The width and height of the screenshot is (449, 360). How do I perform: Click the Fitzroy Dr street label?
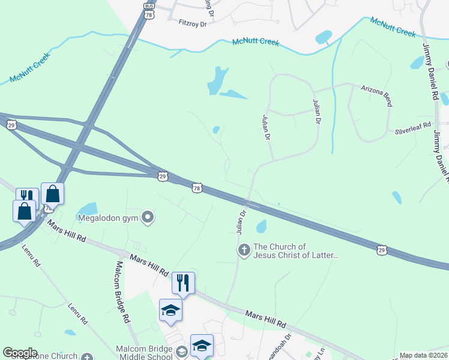click(x=192, y=23)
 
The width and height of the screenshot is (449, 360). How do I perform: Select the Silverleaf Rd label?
click(x=413, y=128)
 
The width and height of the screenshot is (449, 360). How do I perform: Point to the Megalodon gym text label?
click(x=108, y=217)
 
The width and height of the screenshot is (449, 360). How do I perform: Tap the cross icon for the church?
click(x=244, y=250)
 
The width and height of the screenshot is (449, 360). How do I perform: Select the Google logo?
click(x=20, y=353)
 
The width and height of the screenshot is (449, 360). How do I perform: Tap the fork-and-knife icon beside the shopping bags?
click(x=27, y=196)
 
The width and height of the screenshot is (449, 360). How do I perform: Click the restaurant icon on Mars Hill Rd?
click(x=183, y=282)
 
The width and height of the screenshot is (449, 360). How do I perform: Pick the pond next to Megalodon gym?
click(x=88, y=208)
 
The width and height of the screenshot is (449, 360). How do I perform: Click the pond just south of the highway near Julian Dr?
click(x=261, y=226)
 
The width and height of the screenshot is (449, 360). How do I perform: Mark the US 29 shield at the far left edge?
click(x=11, y=125)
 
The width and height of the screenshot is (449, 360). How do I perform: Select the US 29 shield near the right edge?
click(x=381, y=249)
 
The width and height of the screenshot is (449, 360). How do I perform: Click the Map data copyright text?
click(x=424, y=356)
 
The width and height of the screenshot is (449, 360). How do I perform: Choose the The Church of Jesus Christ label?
click(x=297, y=251)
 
